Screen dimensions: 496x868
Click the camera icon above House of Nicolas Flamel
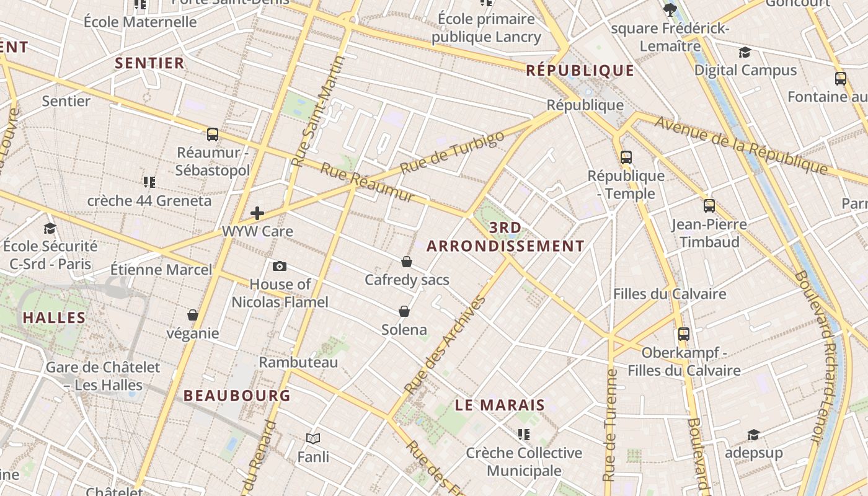point(280,266)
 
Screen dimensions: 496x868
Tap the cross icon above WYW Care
point(257,214)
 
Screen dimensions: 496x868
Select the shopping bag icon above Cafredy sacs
point(407,262)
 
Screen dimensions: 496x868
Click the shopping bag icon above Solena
point(404,311)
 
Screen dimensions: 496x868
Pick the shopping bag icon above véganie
point(193,315)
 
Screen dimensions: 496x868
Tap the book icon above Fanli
point(313,439)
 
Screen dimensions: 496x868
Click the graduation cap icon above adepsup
point(753,435)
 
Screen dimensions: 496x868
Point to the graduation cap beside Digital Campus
point(745,53)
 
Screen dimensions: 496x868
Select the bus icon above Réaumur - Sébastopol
point(213,134)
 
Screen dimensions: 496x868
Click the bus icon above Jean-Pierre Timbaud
point(709,206)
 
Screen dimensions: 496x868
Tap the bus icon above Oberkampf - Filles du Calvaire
point(684,334)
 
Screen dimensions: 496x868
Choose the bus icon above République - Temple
point(626,157)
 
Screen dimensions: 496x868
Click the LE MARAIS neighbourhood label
point(500,405)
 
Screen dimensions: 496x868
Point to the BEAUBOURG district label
point(237,395)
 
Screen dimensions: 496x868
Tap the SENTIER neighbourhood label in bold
point(149,63)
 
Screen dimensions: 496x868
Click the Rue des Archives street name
point(445,345)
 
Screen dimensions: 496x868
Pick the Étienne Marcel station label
point(161,270)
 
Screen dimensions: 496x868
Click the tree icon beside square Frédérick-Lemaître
point(670,9)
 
